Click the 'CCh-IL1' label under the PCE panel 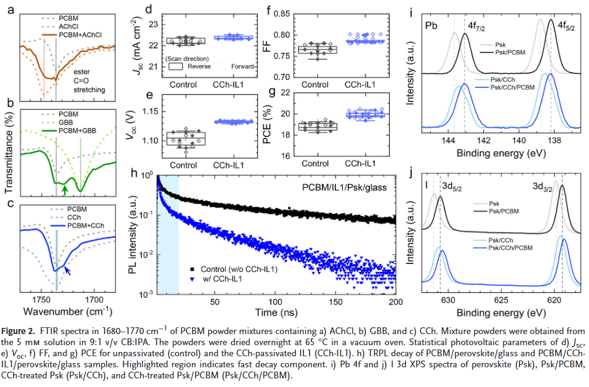point(362,164)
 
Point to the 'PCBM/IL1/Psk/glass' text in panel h point(345,185)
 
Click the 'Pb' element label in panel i point(431,27)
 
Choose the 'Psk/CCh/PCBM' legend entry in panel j point(511,247)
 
